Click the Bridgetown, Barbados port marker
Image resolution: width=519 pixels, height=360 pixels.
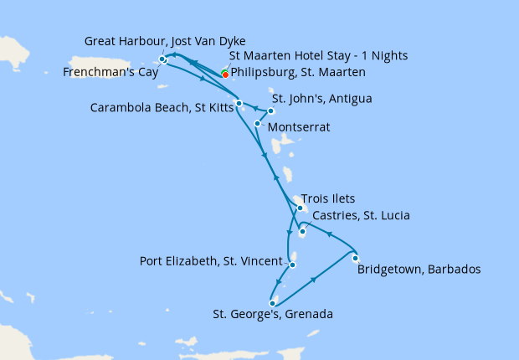point(356,258)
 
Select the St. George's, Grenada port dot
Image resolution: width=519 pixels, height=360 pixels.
point(273,303)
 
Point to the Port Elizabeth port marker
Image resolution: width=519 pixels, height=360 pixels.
point(292,265)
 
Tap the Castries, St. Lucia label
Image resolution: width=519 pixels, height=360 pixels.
point(360,216)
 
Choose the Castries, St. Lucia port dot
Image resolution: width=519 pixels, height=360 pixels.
point(302,231)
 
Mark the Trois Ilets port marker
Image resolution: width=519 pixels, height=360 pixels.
point(300,208)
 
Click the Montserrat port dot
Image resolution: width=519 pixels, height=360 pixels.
point(257,123)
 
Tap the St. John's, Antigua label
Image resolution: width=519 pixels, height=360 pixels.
point(321,99)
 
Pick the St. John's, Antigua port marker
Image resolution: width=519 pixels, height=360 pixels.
point(271,111)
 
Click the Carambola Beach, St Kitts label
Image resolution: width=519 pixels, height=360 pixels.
point(163,107)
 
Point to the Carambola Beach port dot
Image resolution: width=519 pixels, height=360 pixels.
point(239,104)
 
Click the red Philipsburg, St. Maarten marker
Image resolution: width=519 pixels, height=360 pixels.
point(225,75)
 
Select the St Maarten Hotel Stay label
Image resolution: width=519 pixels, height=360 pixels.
point(318,56)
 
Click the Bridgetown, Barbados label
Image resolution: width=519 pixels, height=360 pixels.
point(419,270)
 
